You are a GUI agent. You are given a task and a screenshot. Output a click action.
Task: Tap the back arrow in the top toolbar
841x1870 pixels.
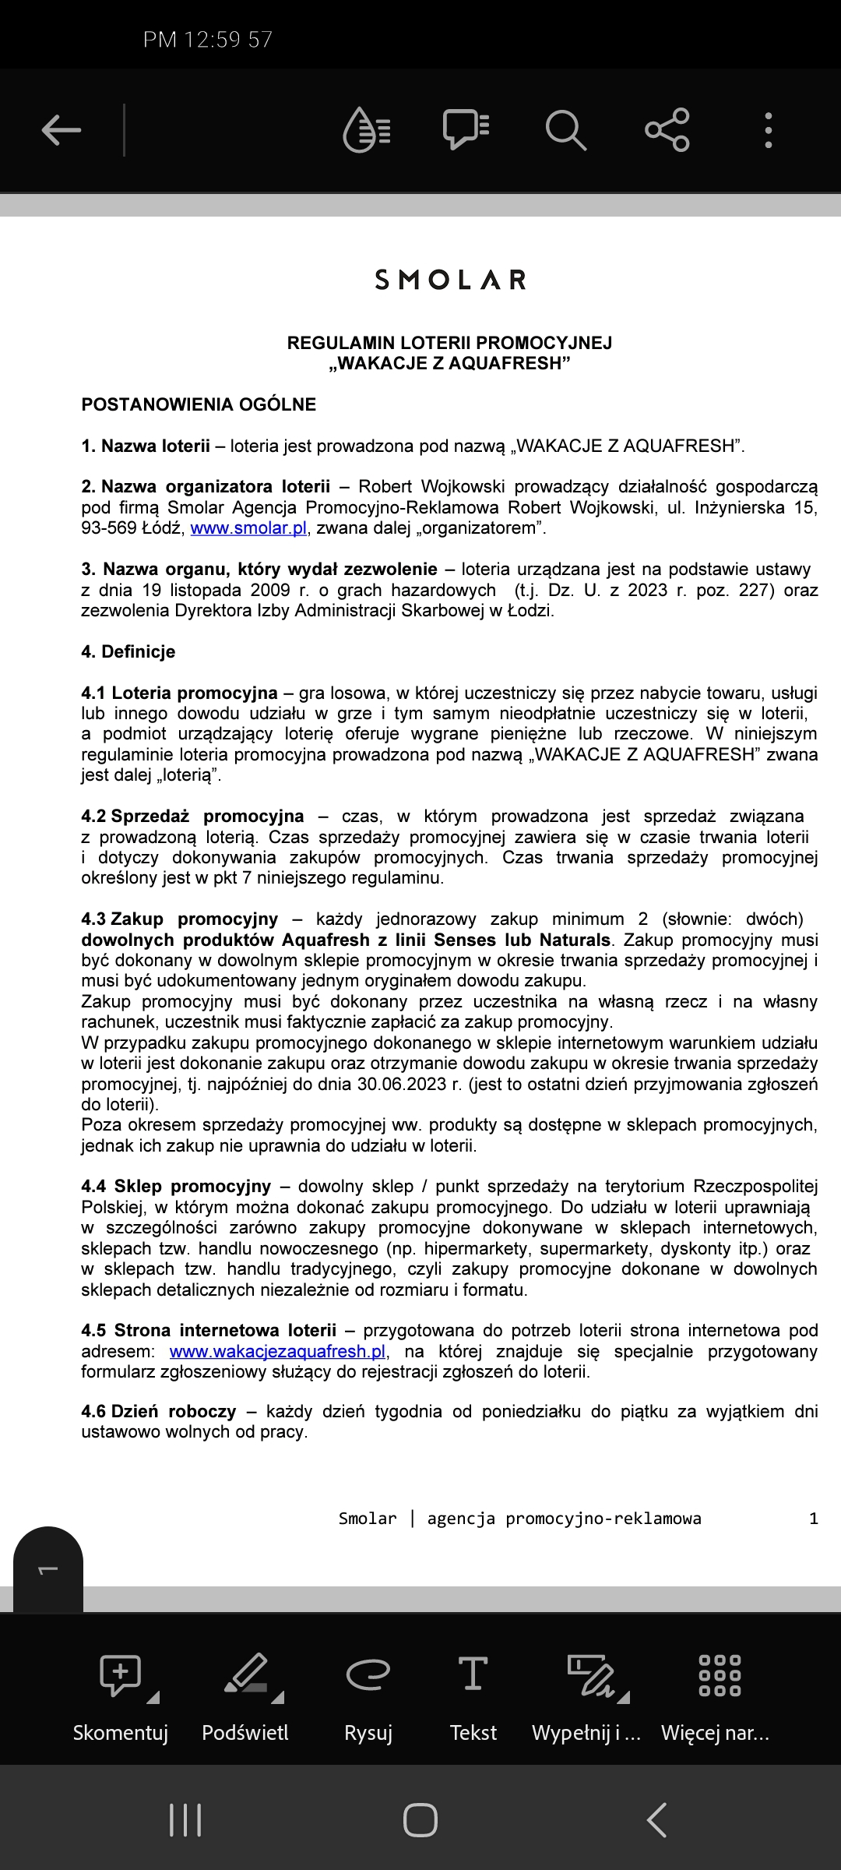click(x=62, y=130)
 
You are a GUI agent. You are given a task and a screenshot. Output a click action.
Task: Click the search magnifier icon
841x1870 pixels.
click(x=565, y=129)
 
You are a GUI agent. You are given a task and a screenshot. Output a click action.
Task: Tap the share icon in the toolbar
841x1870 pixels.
click(x=667, y=129)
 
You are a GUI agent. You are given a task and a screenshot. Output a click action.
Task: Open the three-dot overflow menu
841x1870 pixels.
click(x=769, y=130)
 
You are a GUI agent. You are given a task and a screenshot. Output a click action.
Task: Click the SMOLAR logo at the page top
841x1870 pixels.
click(x=450, y=280)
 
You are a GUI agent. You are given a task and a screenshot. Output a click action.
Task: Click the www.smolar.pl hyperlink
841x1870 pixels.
click(x=248, y=528)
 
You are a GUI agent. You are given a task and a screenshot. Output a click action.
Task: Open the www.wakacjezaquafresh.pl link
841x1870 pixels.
click(x=278, y=1351)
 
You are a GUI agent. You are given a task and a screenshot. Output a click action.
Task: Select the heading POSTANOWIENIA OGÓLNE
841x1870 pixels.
click(x=199, y=404)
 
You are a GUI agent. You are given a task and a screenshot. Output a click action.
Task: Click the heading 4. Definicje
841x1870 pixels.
click(x=128, y=651)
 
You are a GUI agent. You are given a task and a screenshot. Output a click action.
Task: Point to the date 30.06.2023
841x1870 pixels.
click(x=401, y=1084)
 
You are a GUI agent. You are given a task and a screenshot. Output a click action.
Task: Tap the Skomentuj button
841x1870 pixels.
click(x=121, y=1699)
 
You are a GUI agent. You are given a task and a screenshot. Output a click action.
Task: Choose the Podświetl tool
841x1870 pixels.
click(x=245, y=1699)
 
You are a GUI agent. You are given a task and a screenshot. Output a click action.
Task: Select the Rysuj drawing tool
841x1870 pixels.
click(x=368, y=1699)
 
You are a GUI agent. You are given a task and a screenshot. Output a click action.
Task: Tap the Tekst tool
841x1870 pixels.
click(x=473, y=1699)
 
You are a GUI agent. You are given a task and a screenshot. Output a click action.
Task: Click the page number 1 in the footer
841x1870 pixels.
click(x=814, y=1518)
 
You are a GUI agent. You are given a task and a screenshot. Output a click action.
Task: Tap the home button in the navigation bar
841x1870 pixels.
click(x=420, y=1820)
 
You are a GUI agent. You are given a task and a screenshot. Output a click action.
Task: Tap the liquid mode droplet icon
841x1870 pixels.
click(x=367, y=129)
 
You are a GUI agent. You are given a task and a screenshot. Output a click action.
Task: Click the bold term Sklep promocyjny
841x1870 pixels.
click(x=192, y=1186)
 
